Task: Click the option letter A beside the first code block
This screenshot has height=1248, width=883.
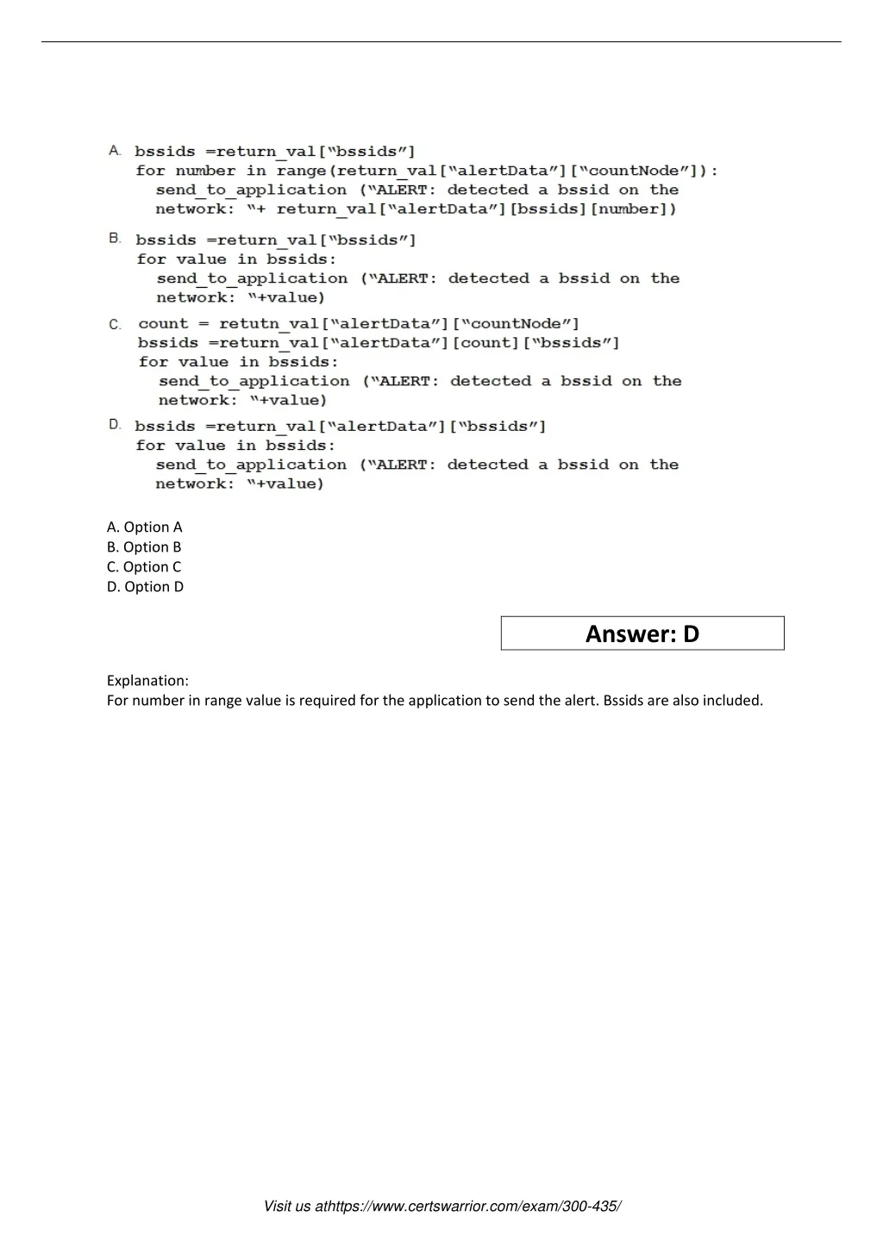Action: [115, 151]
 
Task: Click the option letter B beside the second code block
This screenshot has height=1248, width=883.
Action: [115, 238]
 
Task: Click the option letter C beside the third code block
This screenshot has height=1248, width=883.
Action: [115, 324]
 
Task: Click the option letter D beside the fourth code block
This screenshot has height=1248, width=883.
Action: [115, 425]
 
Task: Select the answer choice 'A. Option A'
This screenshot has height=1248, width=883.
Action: [144, 527]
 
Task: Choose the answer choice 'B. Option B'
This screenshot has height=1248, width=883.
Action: [144, 546]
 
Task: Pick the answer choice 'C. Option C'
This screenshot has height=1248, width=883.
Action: [144, 566]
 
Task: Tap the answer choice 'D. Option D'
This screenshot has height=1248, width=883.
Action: [145, 586]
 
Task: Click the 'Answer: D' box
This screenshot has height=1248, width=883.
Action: [642, 633]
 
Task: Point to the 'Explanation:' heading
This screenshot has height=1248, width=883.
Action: [147, 680]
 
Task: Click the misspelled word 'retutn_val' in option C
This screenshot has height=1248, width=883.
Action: [268, 324]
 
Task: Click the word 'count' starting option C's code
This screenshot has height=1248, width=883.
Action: [163, 324]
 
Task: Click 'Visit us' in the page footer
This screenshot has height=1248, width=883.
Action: [287, 1207]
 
